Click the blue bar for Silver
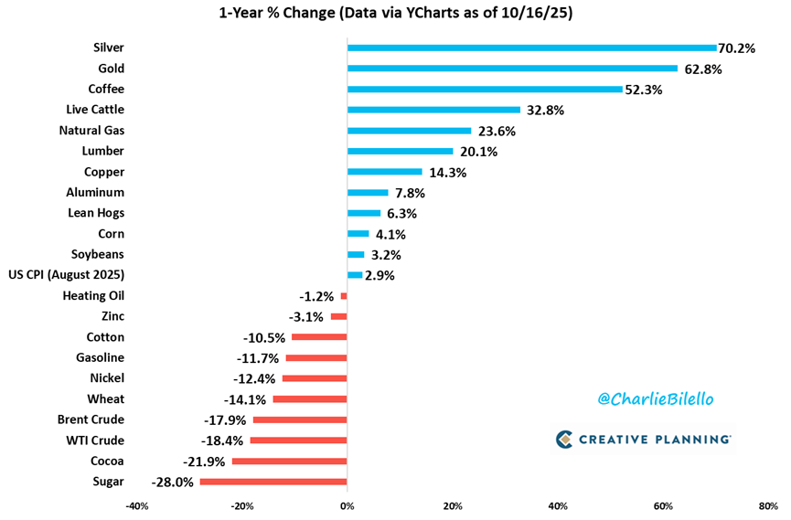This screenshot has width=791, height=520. [x=531, y=48]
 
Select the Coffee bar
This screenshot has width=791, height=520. [x=485, y=89]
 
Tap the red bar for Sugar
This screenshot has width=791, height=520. [x=273, y=482]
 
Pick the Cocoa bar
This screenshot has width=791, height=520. [x=289, y=462]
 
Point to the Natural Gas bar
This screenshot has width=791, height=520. [x=409, y=131]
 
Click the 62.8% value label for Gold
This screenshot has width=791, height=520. [x=704, y=69]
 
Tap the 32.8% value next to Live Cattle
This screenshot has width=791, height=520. [x=546, y=110]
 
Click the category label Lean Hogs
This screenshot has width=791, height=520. [x=96, y=213]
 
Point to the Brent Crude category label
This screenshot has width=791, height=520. [x=90, y=419]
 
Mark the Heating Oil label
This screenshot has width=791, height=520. [x=93, y=295]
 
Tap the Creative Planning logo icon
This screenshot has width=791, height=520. [x=564, y=440]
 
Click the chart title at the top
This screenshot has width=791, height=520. [x=396, y=14]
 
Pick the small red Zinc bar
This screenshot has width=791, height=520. [x=338, y=316]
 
